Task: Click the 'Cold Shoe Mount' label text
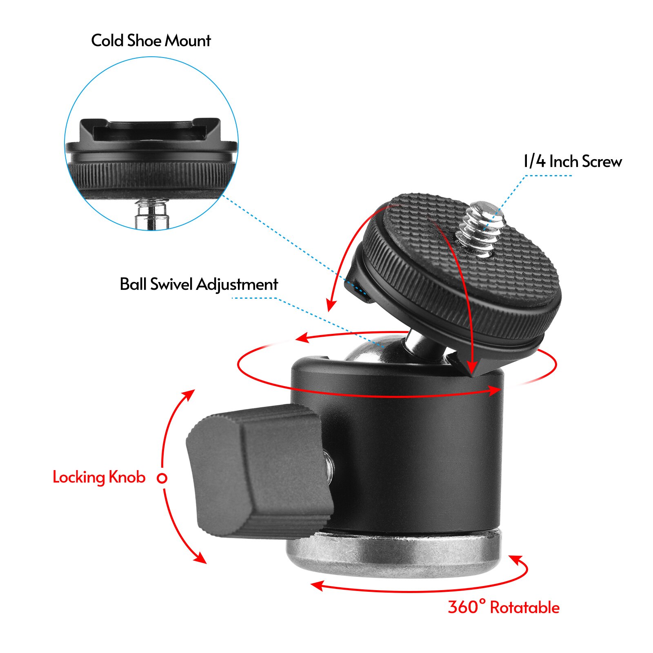(x=151, y=41)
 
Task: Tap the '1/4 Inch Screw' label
(x=572, y=162)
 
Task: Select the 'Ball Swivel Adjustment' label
(x=198, y=284)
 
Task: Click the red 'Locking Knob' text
(x=99, y=477)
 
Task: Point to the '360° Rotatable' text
(x=503, y=607)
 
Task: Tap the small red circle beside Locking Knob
(x=162, y=478)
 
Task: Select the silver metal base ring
(x=392, y=555)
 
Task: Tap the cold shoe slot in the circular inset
(x=151, y=130)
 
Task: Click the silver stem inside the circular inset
(x=152, y=214)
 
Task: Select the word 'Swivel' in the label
(x=171, y=284)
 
